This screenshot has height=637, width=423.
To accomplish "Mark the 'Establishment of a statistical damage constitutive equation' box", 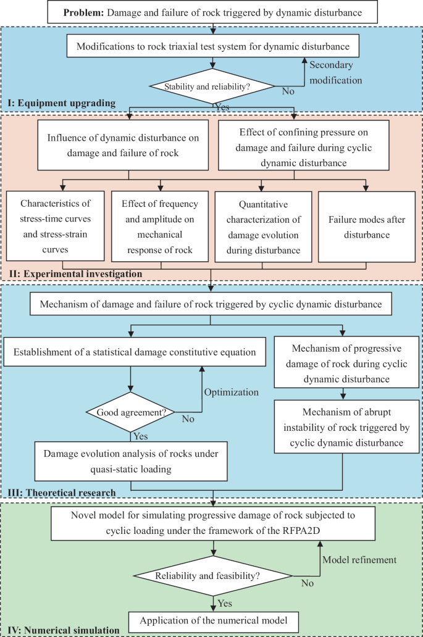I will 135,354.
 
